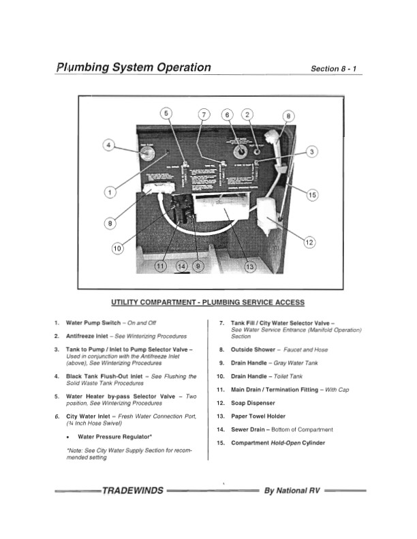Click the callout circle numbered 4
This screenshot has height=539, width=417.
108,144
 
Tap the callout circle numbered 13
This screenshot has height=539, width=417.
249,266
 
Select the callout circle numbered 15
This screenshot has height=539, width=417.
312,195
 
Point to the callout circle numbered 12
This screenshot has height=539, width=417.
309,242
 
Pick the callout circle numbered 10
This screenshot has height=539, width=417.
117,249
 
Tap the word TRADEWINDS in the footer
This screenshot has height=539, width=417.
132,490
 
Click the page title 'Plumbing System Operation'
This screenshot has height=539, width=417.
134,67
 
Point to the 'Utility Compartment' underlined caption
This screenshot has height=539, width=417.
208,302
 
